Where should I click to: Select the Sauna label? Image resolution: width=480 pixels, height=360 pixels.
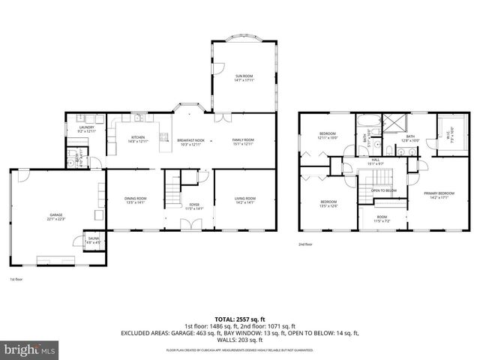point(93,241)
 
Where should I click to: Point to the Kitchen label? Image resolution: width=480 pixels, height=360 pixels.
point(138,139)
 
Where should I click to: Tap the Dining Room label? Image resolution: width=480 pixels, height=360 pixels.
point(136,199)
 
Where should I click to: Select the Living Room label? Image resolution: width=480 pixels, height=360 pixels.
point(245,199)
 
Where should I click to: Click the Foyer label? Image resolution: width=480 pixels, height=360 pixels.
point(193,205)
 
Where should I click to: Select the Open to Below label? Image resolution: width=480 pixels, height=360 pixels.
point(383,190)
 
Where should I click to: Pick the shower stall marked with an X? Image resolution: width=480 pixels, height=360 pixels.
point(392,122)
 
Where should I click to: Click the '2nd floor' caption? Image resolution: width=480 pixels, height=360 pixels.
point(304,244)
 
